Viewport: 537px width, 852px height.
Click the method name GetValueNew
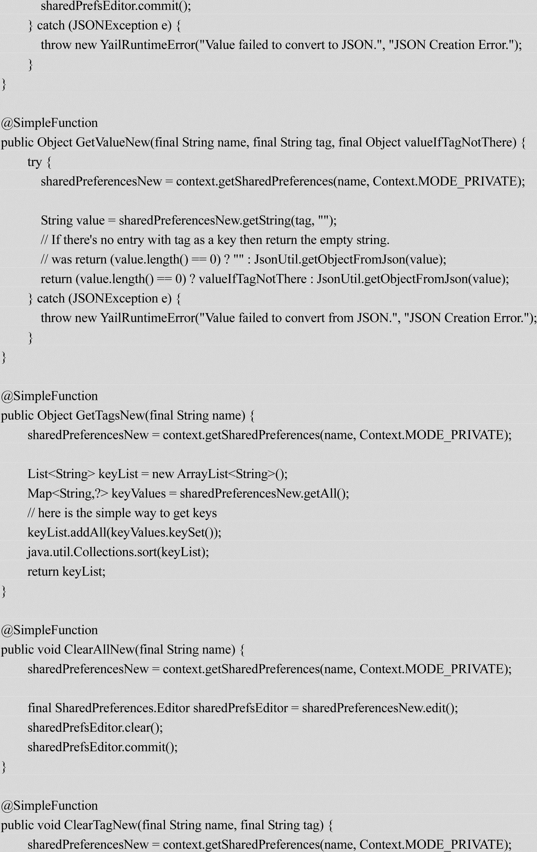113,143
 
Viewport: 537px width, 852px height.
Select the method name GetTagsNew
110,416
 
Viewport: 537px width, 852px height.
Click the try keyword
35,162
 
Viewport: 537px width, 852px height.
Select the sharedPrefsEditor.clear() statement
95,728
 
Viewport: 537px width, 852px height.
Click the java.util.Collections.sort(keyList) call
118,552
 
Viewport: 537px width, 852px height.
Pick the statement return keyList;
66,572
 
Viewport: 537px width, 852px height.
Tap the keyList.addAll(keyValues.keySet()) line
124,532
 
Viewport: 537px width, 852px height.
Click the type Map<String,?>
68,494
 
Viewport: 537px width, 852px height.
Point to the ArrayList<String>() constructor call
232,474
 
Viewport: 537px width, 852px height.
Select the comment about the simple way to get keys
122,513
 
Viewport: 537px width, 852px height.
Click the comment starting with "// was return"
243,259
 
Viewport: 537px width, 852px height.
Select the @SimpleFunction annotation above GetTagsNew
49,396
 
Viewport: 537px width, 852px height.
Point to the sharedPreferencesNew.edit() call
380,708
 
